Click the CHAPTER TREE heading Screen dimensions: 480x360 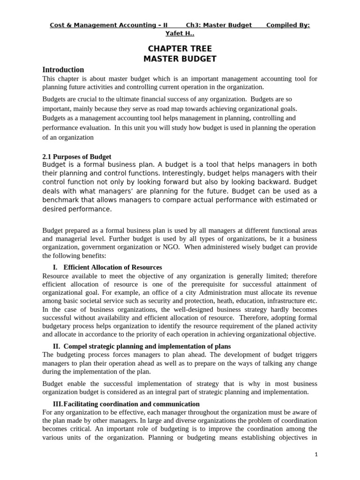pos(180,49)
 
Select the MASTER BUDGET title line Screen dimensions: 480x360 pos(180,59)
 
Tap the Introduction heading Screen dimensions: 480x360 pos(63,70)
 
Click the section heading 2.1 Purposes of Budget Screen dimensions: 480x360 pos(77,157)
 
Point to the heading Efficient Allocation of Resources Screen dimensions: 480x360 pos(112,267)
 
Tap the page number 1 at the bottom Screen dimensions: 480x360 pos(316,455)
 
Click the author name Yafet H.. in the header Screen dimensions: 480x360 pos(180,33)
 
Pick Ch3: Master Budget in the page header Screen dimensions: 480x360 pos(219,25)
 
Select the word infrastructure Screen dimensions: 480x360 pos(279,301)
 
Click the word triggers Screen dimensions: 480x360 pos(303,355)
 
